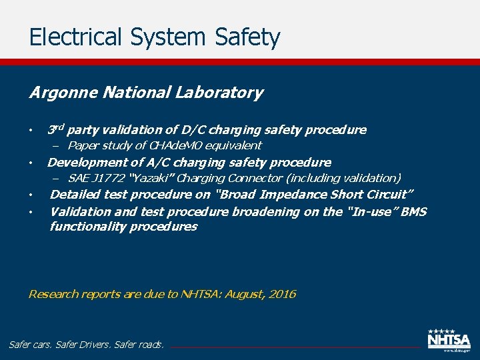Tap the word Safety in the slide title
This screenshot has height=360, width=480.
point(248,37)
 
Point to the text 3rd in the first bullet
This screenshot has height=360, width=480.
point(56,129)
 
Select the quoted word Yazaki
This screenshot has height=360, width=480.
point(152,178)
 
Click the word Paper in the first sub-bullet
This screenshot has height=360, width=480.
point(83,145)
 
